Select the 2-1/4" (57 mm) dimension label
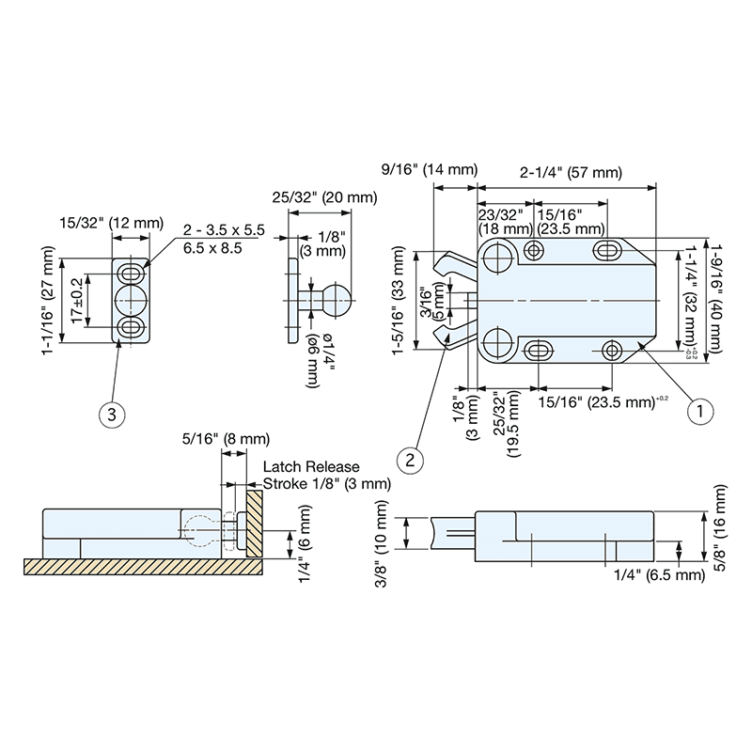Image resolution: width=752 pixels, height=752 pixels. coord(571,172)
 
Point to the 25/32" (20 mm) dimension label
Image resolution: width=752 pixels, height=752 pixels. coord(325,197)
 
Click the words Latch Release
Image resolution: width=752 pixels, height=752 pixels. coord(311,466)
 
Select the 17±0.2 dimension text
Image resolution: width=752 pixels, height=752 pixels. coord(74,301)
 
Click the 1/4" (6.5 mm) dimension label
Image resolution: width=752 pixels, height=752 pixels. coord(658,574)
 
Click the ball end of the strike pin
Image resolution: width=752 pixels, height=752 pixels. coord(337,302)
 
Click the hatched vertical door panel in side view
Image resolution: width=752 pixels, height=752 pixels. coord(255,523)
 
